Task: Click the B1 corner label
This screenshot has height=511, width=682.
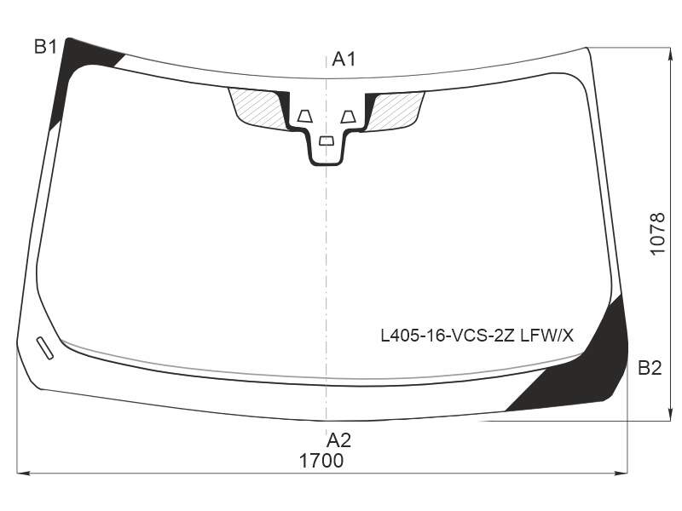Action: [x=46, y=47]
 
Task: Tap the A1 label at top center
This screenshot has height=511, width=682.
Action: [x=344, y=59]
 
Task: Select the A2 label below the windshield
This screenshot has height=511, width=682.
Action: [x=338, y=440]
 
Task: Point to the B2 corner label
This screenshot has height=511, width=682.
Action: [x=650, y=368]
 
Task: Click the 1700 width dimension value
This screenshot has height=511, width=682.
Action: [x=321, y=461]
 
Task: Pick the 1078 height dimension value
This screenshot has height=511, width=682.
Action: [x=657, y=234]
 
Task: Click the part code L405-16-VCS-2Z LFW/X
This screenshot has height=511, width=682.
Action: [x=477, y=336]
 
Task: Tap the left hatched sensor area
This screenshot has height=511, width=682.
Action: [x=257, y=108]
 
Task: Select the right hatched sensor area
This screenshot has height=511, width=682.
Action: [x=396, y=110]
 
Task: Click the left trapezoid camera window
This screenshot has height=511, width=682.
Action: [x=305, y=117]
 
